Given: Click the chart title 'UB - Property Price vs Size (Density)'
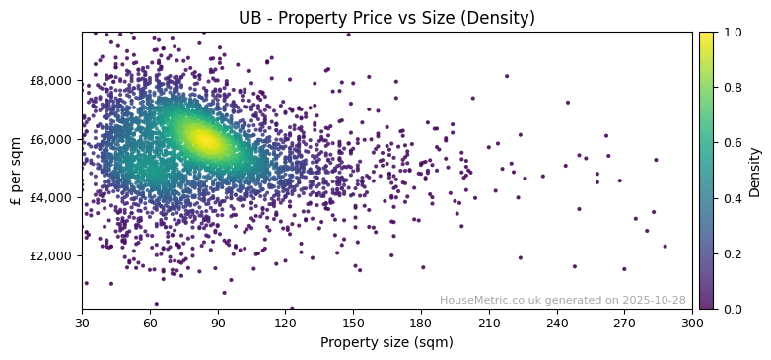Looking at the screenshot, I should [386, 18].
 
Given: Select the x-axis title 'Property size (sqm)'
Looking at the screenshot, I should [386, 343].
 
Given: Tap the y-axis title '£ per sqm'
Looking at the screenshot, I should [16, 170].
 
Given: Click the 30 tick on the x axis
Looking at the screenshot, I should [82, 323].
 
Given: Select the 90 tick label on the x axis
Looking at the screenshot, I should [218, 323].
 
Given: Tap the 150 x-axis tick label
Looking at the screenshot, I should [353, 323].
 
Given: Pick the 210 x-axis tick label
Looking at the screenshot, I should [489, 323].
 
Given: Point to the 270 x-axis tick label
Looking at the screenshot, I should [624, 323].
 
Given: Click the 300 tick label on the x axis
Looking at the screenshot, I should [692, 323].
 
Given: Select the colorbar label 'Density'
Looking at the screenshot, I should [755, 170].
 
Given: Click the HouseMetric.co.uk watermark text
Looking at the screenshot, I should [562, 300].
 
